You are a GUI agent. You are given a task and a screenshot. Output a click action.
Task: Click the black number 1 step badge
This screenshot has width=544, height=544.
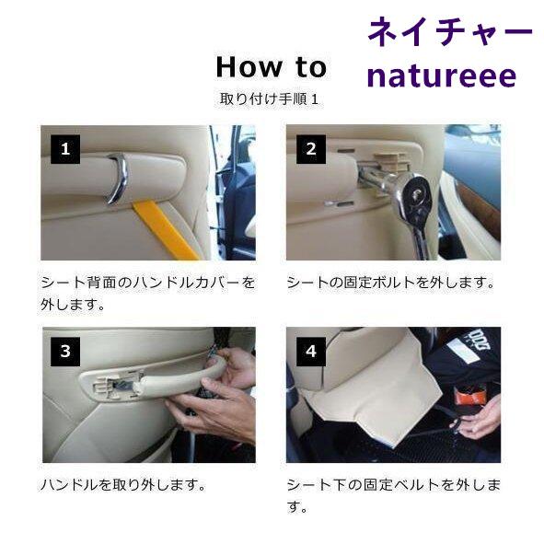65,149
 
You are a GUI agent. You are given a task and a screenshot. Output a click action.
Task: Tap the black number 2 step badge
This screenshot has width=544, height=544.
311,149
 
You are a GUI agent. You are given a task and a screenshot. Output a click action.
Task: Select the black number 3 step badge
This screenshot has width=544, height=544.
65,352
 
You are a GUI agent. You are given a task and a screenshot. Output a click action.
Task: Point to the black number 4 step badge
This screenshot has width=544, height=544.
311,352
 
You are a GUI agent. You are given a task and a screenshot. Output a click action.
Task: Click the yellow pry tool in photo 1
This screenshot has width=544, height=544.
166,231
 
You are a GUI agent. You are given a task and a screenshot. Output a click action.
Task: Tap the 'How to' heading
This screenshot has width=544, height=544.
272,67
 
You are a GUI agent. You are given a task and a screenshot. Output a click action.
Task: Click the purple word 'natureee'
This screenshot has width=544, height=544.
442,76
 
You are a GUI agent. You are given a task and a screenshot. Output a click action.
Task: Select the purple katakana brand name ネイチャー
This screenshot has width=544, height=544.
450,32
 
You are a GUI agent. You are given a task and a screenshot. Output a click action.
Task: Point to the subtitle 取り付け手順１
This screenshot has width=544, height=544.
269,99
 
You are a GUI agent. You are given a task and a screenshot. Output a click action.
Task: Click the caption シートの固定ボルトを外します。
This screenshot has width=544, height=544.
390,283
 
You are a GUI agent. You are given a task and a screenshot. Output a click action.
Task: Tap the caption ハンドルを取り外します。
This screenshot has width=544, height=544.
123,484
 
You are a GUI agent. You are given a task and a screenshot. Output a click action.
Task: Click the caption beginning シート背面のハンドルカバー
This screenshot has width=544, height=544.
148,294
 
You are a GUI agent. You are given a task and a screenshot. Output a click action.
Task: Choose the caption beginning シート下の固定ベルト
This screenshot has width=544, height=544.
393,496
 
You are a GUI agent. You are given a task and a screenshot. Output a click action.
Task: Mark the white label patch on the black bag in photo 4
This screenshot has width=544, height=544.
462,351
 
